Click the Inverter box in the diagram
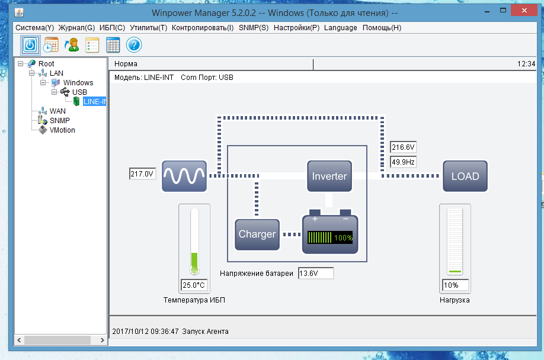point(329,176)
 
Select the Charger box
point(257,234)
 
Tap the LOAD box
point(465,176)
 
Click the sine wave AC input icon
point(184,176)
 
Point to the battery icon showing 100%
point(330,234)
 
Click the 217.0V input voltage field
point(142,174)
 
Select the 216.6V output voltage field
point(403,147)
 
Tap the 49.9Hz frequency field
point(403,161)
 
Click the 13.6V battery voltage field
point(315,274)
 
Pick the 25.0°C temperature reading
point(194,285)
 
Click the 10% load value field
point(455,285)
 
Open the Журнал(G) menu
point(76,28)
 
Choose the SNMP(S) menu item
point(254,28)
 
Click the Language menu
point(341,28)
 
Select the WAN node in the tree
point(57,111)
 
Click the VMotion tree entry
point(62,130)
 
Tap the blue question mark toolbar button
point(134,44)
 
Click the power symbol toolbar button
point(30,44)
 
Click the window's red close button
point(524,11)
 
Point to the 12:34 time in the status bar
point(526,64)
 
